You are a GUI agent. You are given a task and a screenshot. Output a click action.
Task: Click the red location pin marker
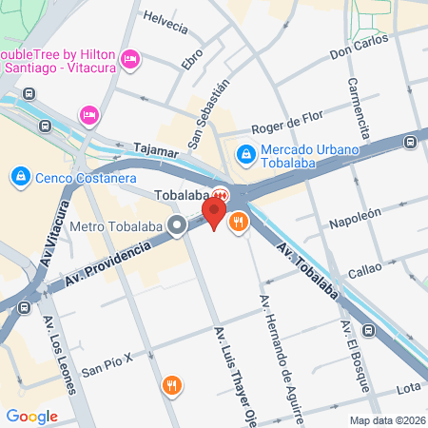pos(217,213)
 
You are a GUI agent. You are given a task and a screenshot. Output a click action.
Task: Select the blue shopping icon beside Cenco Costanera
pos(19,177)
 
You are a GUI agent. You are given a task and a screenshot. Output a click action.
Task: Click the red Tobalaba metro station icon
pos(220,194)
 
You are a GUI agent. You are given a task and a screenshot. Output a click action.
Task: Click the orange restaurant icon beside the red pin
pos(238,223)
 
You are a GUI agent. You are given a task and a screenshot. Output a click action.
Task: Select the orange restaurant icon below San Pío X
pos(172,385)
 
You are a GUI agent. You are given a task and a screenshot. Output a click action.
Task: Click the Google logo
pos(32,416)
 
